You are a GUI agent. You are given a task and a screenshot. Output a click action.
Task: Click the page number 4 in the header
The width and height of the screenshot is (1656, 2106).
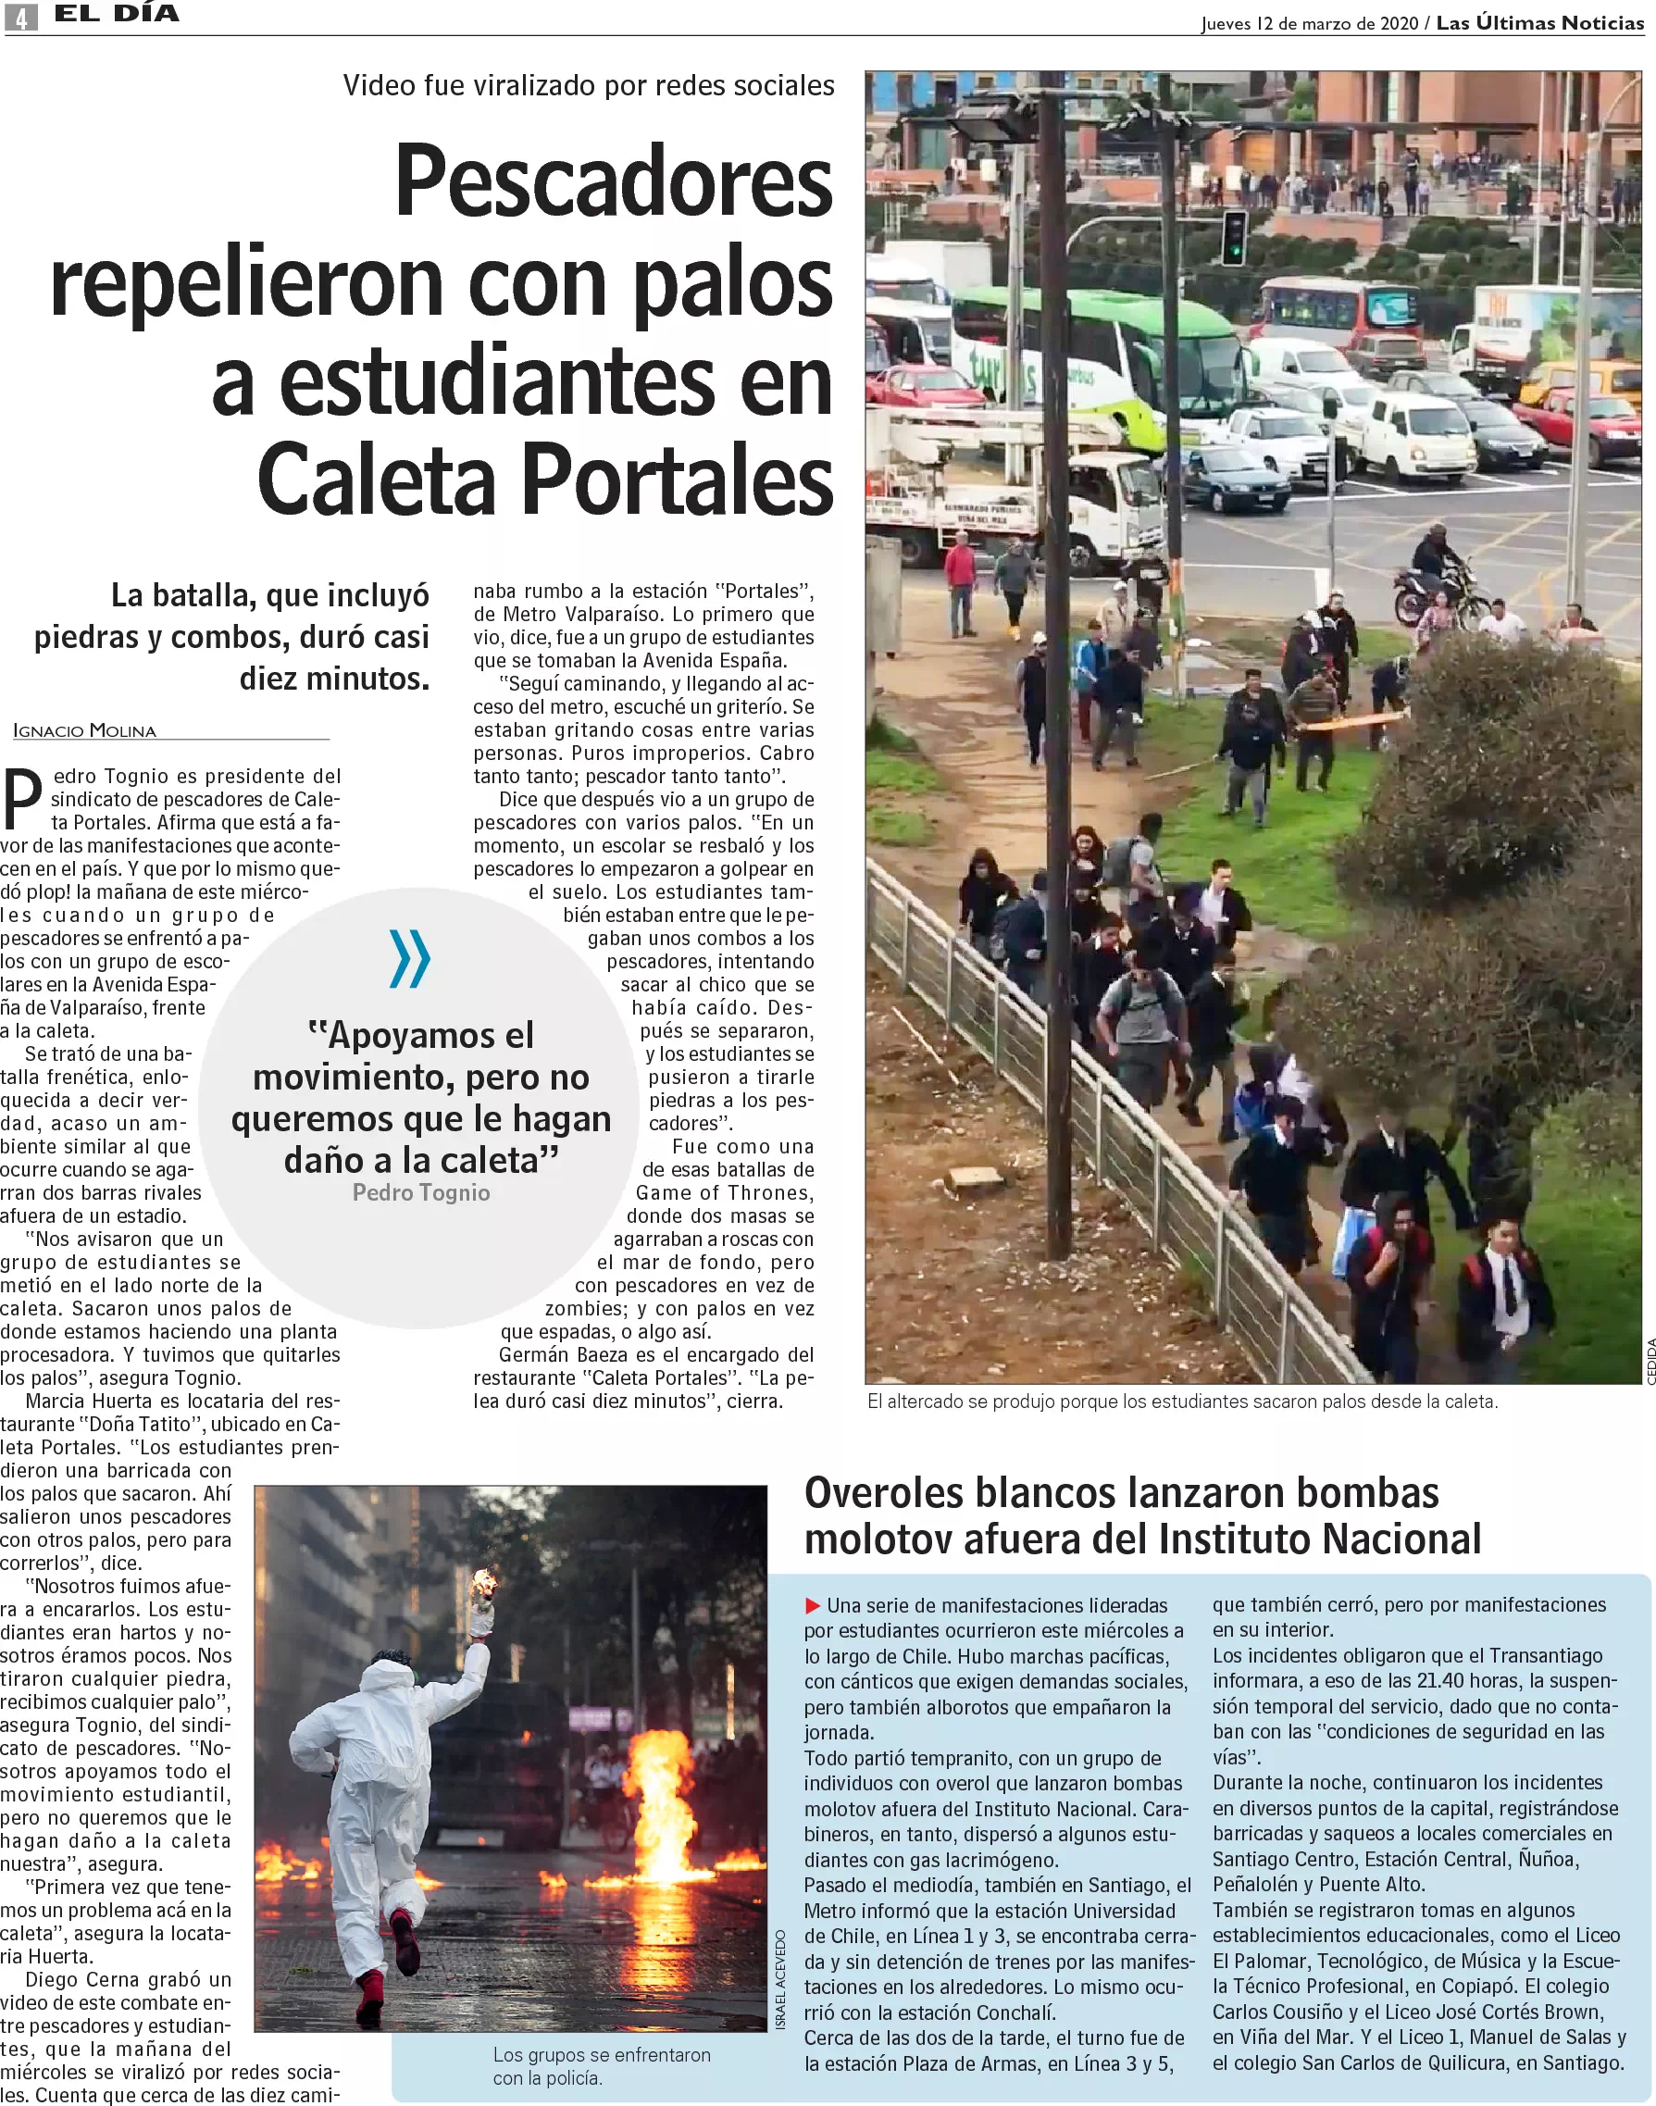[20, 17]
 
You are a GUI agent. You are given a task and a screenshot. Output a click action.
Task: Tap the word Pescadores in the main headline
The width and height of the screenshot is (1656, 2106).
[614, 181]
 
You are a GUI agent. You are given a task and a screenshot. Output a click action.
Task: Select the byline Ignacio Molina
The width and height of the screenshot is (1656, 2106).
[84, 731]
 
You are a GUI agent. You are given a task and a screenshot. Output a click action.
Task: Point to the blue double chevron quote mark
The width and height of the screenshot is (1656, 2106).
[409, 958]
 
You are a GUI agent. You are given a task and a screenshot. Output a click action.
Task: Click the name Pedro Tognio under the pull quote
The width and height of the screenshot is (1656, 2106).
[421, 1192]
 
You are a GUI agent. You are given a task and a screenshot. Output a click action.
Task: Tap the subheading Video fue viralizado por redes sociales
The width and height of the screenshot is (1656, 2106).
[589, 85]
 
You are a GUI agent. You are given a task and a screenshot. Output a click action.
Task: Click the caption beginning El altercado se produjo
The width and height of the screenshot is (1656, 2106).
[1182, 1402]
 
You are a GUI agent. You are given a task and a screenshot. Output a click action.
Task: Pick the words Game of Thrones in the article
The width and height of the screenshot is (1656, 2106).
[724, 1192]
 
